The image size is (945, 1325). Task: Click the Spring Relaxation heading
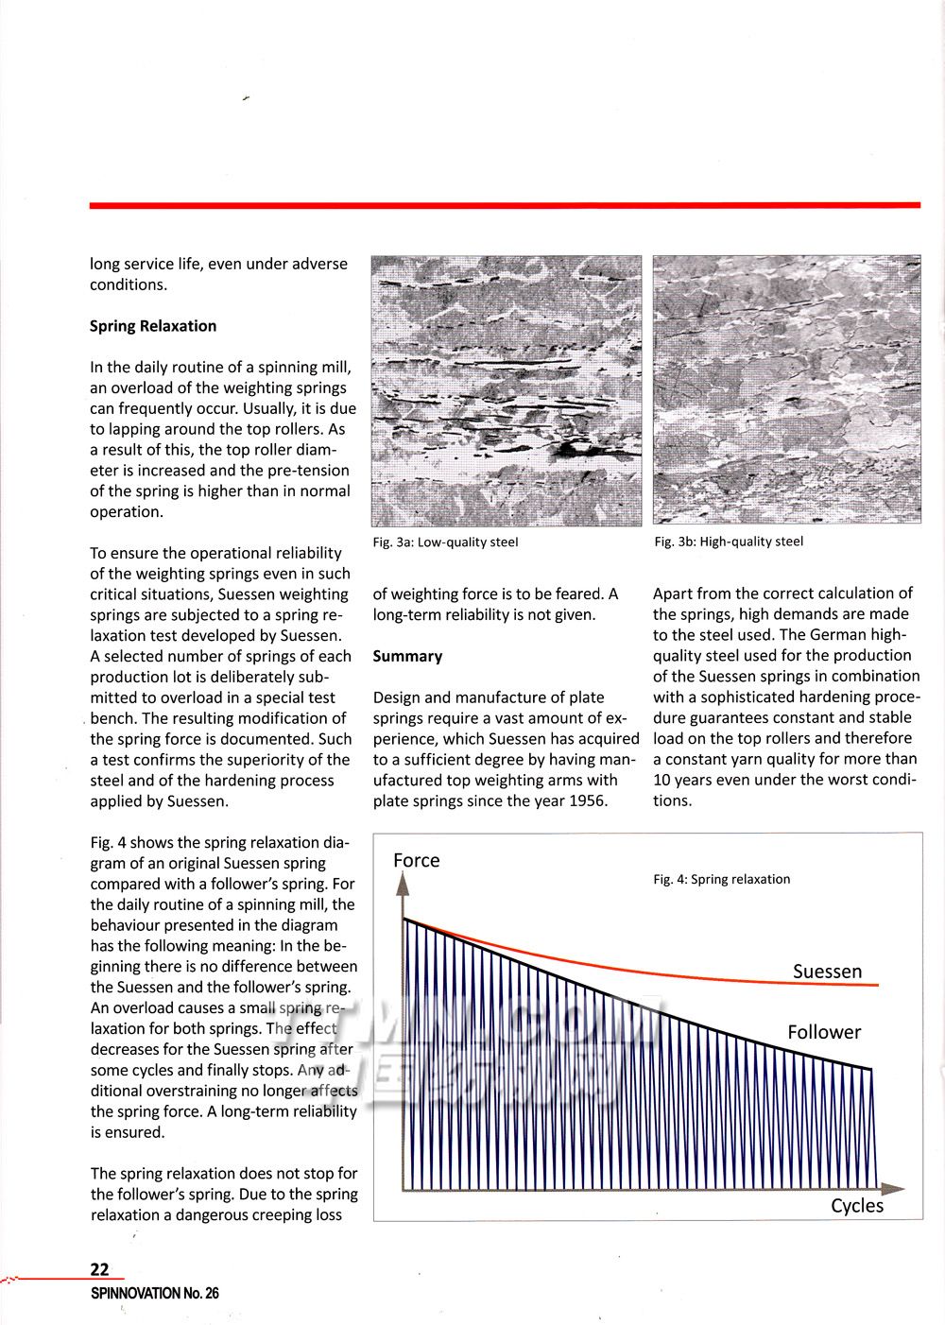[153, 326]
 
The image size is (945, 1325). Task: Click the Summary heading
[407, 656]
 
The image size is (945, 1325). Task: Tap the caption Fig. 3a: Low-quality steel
[445, 542]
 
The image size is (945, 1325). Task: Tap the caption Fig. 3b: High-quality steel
[728, 542]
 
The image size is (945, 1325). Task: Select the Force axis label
[417, 860]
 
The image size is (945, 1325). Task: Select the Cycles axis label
[857, 1206]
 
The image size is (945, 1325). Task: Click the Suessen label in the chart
[827, 972]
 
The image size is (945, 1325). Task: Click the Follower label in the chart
[824, 1032]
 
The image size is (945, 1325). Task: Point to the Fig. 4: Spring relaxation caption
[721, 879]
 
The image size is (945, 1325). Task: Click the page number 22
[99, 1270]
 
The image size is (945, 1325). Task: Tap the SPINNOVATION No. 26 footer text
[154, 1293]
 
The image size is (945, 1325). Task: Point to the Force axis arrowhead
[403, 883]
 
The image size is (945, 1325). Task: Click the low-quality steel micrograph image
[506, 390]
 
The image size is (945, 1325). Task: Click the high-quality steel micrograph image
[786, 390]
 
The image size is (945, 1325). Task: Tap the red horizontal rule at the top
[505, 205]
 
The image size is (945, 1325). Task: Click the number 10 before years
[662, 781]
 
